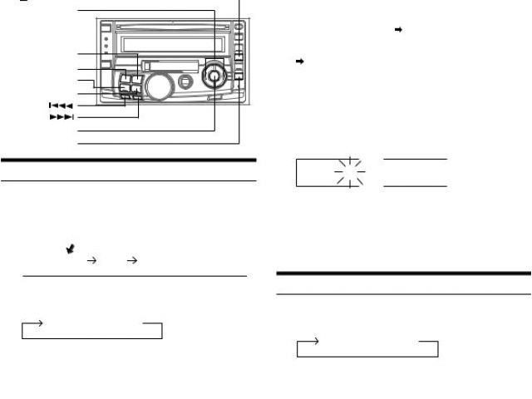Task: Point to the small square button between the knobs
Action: pyautogui.click(x=185, y=81)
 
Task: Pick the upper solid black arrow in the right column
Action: pyautogui.click(x=399, y=30)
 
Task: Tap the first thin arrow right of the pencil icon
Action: pyautogui.click(x=91, y=260)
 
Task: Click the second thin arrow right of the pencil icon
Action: pyautogui.click(x=130, y=260)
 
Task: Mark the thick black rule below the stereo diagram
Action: pyautogui.click(x=128, y=160)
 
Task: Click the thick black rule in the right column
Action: pyautogui.click(x=403, y=273)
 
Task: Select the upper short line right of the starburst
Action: pyautogui.click(x=415, y=159)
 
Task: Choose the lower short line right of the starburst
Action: pyautogui.click(x=415, y=186)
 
